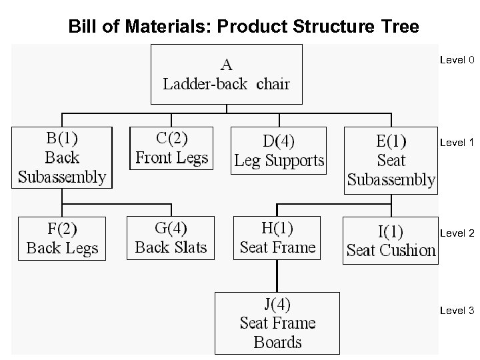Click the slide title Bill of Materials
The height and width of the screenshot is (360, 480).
coord(244,27)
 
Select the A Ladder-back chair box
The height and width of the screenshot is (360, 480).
coord(227,74)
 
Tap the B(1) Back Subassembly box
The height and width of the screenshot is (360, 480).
coord(62,157)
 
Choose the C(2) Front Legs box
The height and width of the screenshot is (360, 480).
coord(171,148)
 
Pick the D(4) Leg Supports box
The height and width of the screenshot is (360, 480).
coord(279,151)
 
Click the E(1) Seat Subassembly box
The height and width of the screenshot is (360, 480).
coord(391,161)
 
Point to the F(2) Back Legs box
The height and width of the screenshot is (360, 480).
coord(62,238)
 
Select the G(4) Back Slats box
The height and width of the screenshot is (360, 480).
coord(171,237)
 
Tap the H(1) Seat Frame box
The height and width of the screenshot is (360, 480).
coord(277,237)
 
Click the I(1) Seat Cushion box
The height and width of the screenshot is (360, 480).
coord(391,240)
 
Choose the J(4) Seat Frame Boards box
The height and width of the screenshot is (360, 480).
coord(277,323)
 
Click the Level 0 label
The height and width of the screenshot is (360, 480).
coord(457,60)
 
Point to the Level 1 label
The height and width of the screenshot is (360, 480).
coord(457,143)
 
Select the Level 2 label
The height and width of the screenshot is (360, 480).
coord(457,233)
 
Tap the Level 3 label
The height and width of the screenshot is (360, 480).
coord(457,311)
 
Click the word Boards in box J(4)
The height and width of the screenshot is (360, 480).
coord(278,343)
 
